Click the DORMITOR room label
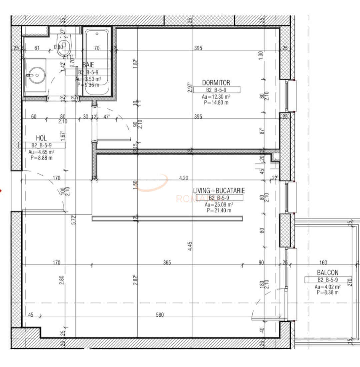click(216, 83)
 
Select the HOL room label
click(41, 138)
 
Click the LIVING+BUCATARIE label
click(219, 191)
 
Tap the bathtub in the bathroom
click(97, 62)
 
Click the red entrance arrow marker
click(1, 191)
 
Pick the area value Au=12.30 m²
click(216, 97)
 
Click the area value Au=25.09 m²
click(219, 205)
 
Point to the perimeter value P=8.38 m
click(328, 292)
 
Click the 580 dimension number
click(160, 315)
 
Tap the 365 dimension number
click(167, 263)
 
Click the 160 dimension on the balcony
click(323, 263)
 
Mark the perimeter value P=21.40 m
click(219, 210)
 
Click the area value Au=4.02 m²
click(328, 287)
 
